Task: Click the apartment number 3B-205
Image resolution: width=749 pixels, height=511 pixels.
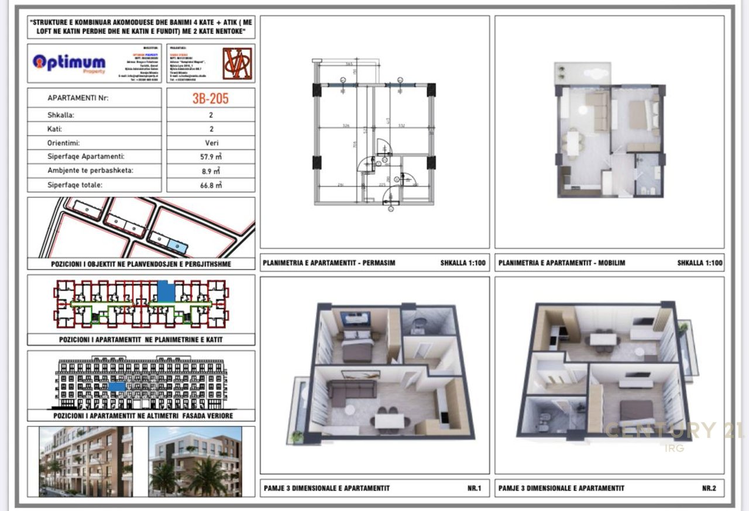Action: [211, 98]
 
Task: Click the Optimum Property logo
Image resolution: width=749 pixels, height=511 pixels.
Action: [69, 63]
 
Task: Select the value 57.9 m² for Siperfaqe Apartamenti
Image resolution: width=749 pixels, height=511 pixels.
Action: [211, 157]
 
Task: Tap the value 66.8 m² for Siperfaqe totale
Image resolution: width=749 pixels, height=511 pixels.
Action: [211, 185]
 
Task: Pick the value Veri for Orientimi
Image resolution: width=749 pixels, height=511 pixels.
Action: [211, 143]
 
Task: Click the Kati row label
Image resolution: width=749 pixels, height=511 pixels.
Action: [54, 129]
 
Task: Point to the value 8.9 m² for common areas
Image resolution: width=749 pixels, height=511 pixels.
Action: [211, 171]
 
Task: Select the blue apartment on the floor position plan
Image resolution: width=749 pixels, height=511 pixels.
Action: [166, 290]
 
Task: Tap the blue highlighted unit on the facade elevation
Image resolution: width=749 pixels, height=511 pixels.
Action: [117, 386]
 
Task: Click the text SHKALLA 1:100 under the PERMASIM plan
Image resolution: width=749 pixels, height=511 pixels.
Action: [463, 263]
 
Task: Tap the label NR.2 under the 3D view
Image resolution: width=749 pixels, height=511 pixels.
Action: [709, 488]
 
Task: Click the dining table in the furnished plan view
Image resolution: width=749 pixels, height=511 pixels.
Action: [572, 142]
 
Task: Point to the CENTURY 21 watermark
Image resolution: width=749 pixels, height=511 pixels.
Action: [673, 431]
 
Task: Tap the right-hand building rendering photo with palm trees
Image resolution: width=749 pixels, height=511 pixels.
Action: [195, 461]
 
